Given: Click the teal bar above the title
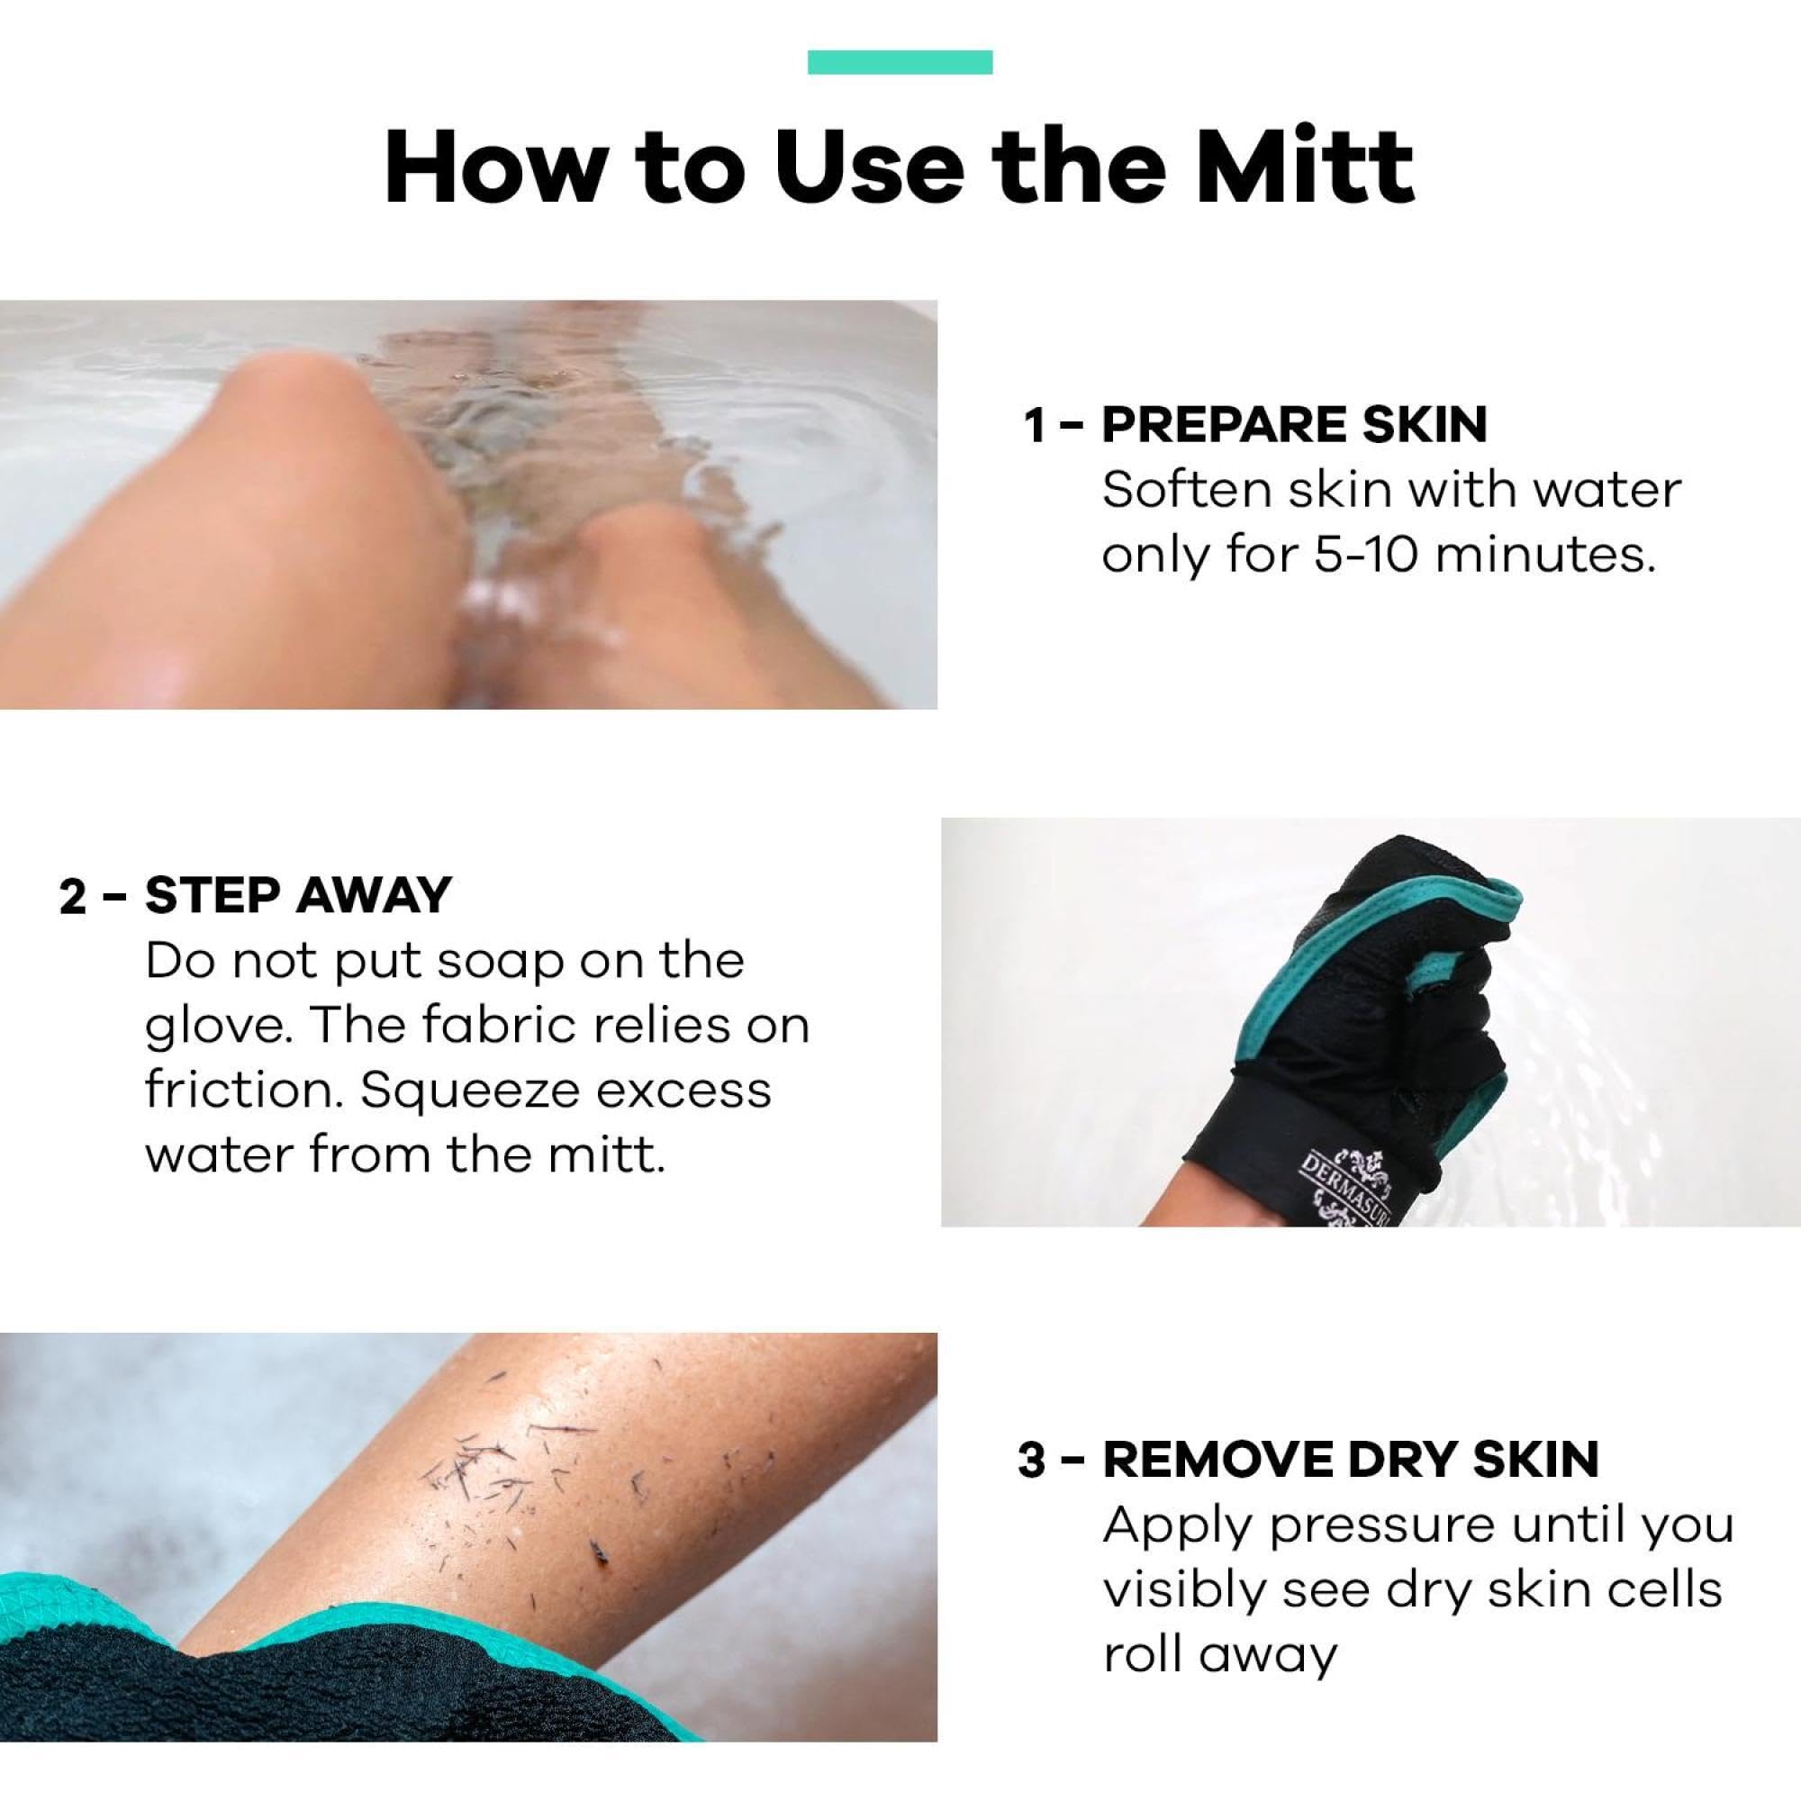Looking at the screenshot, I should click(x=900, y=62).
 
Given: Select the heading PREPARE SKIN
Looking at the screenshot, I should click(x=1294, y=425).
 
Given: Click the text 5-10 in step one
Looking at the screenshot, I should click(x=1356, y=556).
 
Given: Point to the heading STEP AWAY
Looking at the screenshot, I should click(x=297, y=896).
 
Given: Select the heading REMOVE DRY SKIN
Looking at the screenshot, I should click(x=1351, y=1460).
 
